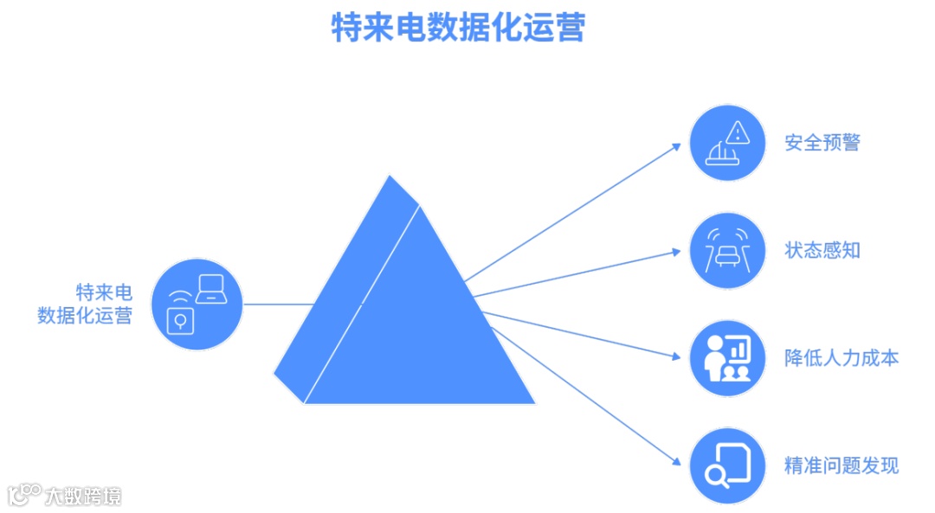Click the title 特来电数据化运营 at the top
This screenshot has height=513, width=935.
coord(459,28)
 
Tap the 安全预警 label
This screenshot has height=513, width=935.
coord(822,143)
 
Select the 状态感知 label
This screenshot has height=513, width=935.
coord(822,251)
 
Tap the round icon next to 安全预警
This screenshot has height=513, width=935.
coord(727,143)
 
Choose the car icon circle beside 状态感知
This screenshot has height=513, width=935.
coord(727,251)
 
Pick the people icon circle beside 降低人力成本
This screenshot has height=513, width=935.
coord(727,357)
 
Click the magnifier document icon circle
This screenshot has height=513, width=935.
coord(727,465)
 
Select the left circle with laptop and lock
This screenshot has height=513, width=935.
coord(197,304)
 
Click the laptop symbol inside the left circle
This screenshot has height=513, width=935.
coord(211,289)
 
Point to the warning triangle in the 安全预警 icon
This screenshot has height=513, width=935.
coord(737,132)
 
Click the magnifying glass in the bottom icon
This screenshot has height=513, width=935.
coord(716,474)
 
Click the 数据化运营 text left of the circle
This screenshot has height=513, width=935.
coord(85,315)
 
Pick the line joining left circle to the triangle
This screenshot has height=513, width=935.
coord(277,304)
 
